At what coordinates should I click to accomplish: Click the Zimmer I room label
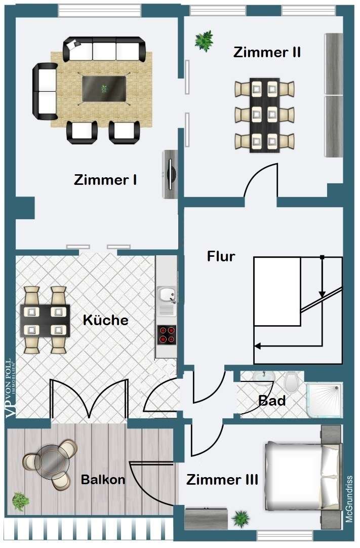[105, 180]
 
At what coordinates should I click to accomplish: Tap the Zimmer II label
[267, 52]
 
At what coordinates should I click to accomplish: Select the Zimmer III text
[222, 480]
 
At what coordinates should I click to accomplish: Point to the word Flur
[221, 256]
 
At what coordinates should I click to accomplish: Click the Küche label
[105, 321]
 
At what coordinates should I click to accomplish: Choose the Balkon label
[103, 480]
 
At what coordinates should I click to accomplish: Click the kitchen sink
[166, 295]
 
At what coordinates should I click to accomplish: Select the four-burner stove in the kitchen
[167, 334]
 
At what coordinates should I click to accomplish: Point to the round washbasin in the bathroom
[263, 378]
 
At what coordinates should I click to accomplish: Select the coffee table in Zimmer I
[104, 89]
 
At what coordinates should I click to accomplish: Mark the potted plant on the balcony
[20, 501]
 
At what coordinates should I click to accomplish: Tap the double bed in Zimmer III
[299, 476]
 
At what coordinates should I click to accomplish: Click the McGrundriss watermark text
[349, 499]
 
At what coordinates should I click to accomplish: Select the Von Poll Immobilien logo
[11, 387]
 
